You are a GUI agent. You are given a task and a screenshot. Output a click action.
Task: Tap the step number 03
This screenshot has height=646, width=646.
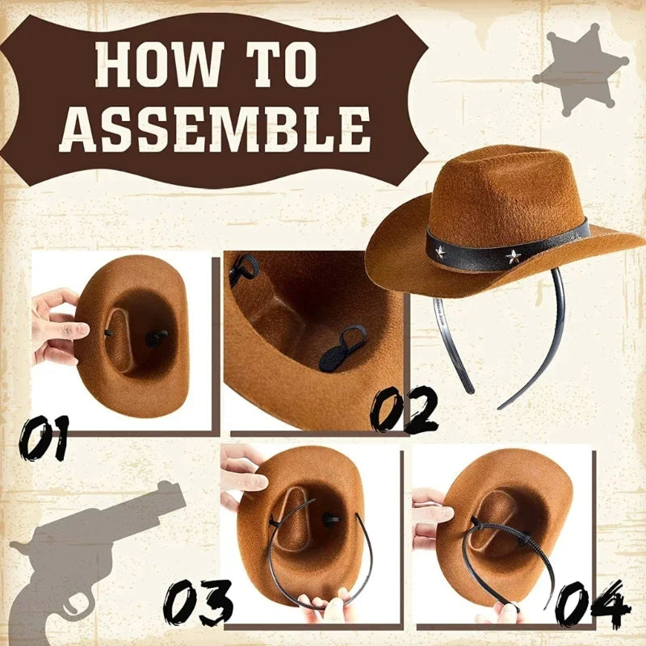pos(199,602)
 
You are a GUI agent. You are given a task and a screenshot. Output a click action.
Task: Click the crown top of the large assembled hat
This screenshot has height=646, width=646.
pos(501,161)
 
